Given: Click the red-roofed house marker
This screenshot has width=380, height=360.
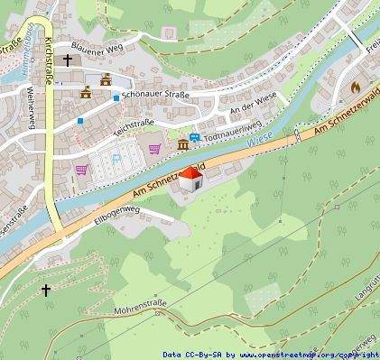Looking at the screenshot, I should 190,179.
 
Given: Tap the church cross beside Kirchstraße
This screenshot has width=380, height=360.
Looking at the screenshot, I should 68,61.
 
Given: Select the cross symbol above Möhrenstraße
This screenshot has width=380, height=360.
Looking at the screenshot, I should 45,291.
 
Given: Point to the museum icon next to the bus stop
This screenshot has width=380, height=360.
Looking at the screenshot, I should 183,145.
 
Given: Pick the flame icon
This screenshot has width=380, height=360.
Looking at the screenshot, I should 354,88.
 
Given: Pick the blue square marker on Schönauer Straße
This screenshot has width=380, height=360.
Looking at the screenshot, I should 116,97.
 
